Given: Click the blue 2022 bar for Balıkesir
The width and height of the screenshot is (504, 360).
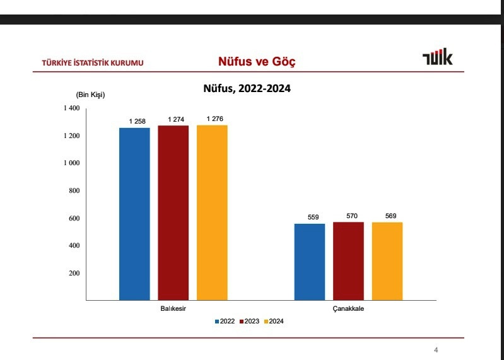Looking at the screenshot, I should (135, 214).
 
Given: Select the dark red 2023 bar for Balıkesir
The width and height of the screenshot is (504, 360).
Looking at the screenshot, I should (173, 212).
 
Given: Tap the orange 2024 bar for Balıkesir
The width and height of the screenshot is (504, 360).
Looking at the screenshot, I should (212, 212).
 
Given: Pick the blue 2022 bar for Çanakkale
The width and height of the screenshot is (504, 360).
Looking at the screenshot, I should (310, 262).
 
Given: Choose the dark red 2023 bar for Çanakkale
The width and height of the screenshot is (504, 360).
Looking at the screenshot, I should (348, 261).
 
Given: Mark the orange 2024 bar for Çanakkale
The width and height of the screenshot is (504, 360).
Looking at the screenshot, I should (387, 261).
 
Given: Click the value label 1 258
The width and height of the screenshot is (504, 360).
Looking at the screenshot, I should (137, 121).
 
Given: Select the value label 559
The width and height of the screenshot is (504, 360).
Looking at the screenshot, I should (313, 218).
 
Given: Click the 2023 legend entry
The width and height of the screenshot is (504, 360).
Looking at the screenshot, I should (249, 322).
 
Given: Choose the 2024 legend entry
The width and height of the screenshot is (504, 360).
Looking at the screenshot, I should (273, 322).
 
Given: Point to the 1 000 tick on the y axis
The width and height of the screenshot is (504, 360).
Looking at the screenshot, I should (71, 163).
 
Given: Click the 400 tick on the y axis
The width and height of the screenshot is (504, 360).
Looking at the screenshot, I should (72, 245).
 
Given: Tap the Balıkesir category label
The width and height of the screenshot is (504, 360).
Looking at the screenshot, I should (172, 309).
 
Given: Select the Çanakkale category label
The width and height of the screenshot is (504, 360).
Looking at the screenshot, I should (348, 309).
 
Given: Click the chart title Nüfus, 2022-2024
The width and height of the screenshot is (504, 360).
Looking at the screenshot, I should (247, 89).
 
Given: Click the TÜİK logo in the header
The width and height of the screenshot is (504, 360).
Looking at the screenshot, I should (438, 59).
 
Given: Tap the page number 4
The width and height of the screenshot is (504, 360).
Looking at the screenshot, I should (436, 351).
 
